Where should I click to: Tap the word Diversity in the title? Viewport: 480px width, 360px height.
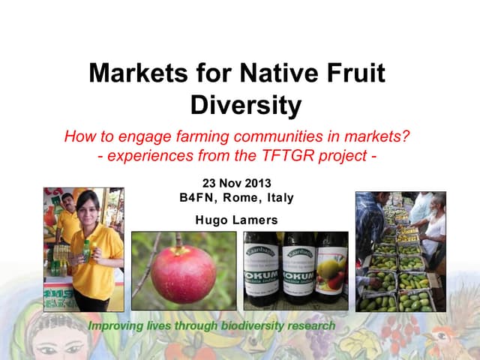tap(245, 106)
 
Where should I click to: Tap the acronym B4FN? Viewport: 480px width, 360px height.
tap(196, 198)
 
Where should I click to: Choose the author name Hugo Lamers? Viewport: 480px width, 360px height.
tap(236, 220)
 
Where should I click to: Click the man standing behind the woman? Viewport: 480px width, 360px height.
tap(67, 214)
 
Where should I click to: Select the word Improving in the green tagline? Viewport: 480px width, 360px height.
tap(117, 327)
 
